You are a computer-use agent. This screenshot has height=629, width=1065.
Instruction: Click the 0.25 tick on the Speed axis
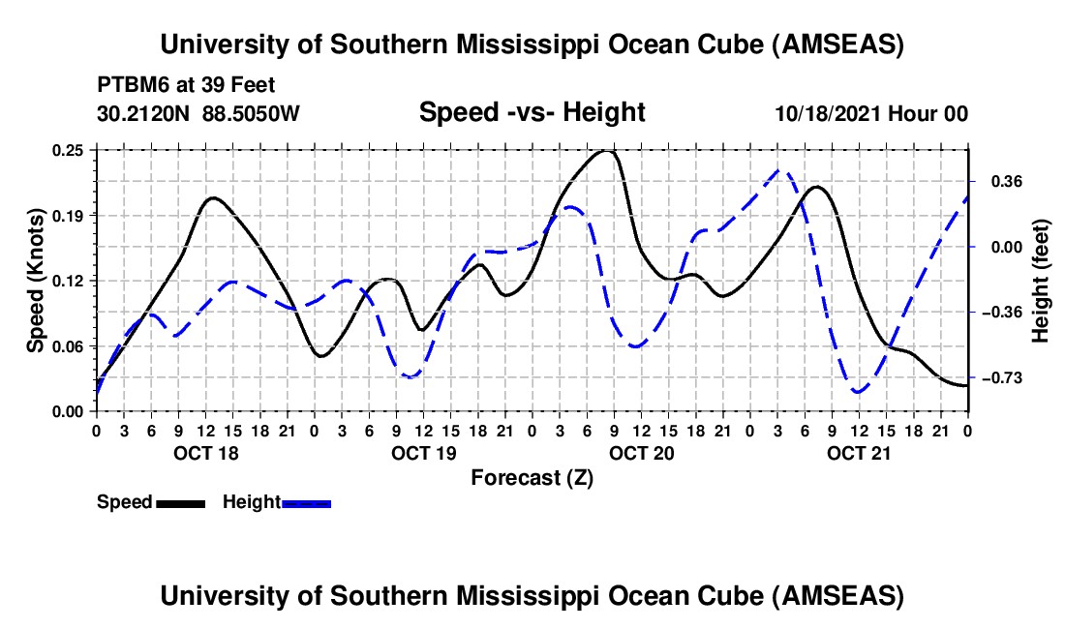coord(68,150)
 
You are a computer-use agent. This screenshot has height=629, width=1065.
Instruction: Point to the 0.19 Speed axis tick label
coord(68,215)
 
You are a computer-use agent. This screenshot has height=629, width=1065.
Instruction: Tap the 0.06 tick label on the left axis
coord(68,345)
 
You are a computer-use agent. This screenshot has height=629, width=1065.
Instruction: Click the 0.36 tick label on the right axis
coord(1004,181)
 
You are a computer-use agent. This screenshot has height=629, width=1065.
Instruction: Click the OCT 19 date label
coord(422,453)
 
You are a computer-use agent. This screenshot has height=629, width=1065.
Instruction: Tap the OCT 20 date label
coord(641,453)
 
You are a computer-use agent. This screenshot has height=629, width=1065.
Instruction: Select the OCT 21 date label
coord(859,453)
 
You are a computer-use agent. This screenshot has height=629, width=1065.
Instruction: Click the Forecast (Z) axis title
coord(532,477)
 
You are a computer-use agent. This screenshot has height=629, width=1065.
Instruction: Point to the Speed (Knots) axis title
coord(36,280)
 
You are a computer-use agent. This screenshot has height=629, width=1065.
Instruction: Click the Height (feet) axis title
coord(1040,281)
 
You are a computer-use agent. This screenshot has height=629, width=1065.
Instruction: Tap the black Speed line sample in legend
coord(180,502)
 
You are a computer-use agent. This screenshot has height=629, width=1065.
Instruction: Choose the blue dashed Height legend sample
coord(306,502)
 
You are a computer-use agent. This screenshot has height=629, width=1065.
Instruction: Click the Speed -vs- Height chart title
coord(532,112)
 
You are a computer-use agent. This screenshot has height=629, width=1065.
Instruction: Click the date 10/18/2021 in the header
coord(826,113)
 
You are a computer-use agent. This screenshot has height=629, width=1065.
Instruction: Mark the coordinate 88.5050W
coord(252,113)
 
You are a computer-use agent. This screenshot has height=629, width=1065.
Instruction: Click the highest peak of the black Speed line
coord(606,151)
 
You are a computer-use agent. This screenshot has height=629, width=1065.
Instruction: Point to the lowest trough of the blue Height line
coord(857,391)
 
